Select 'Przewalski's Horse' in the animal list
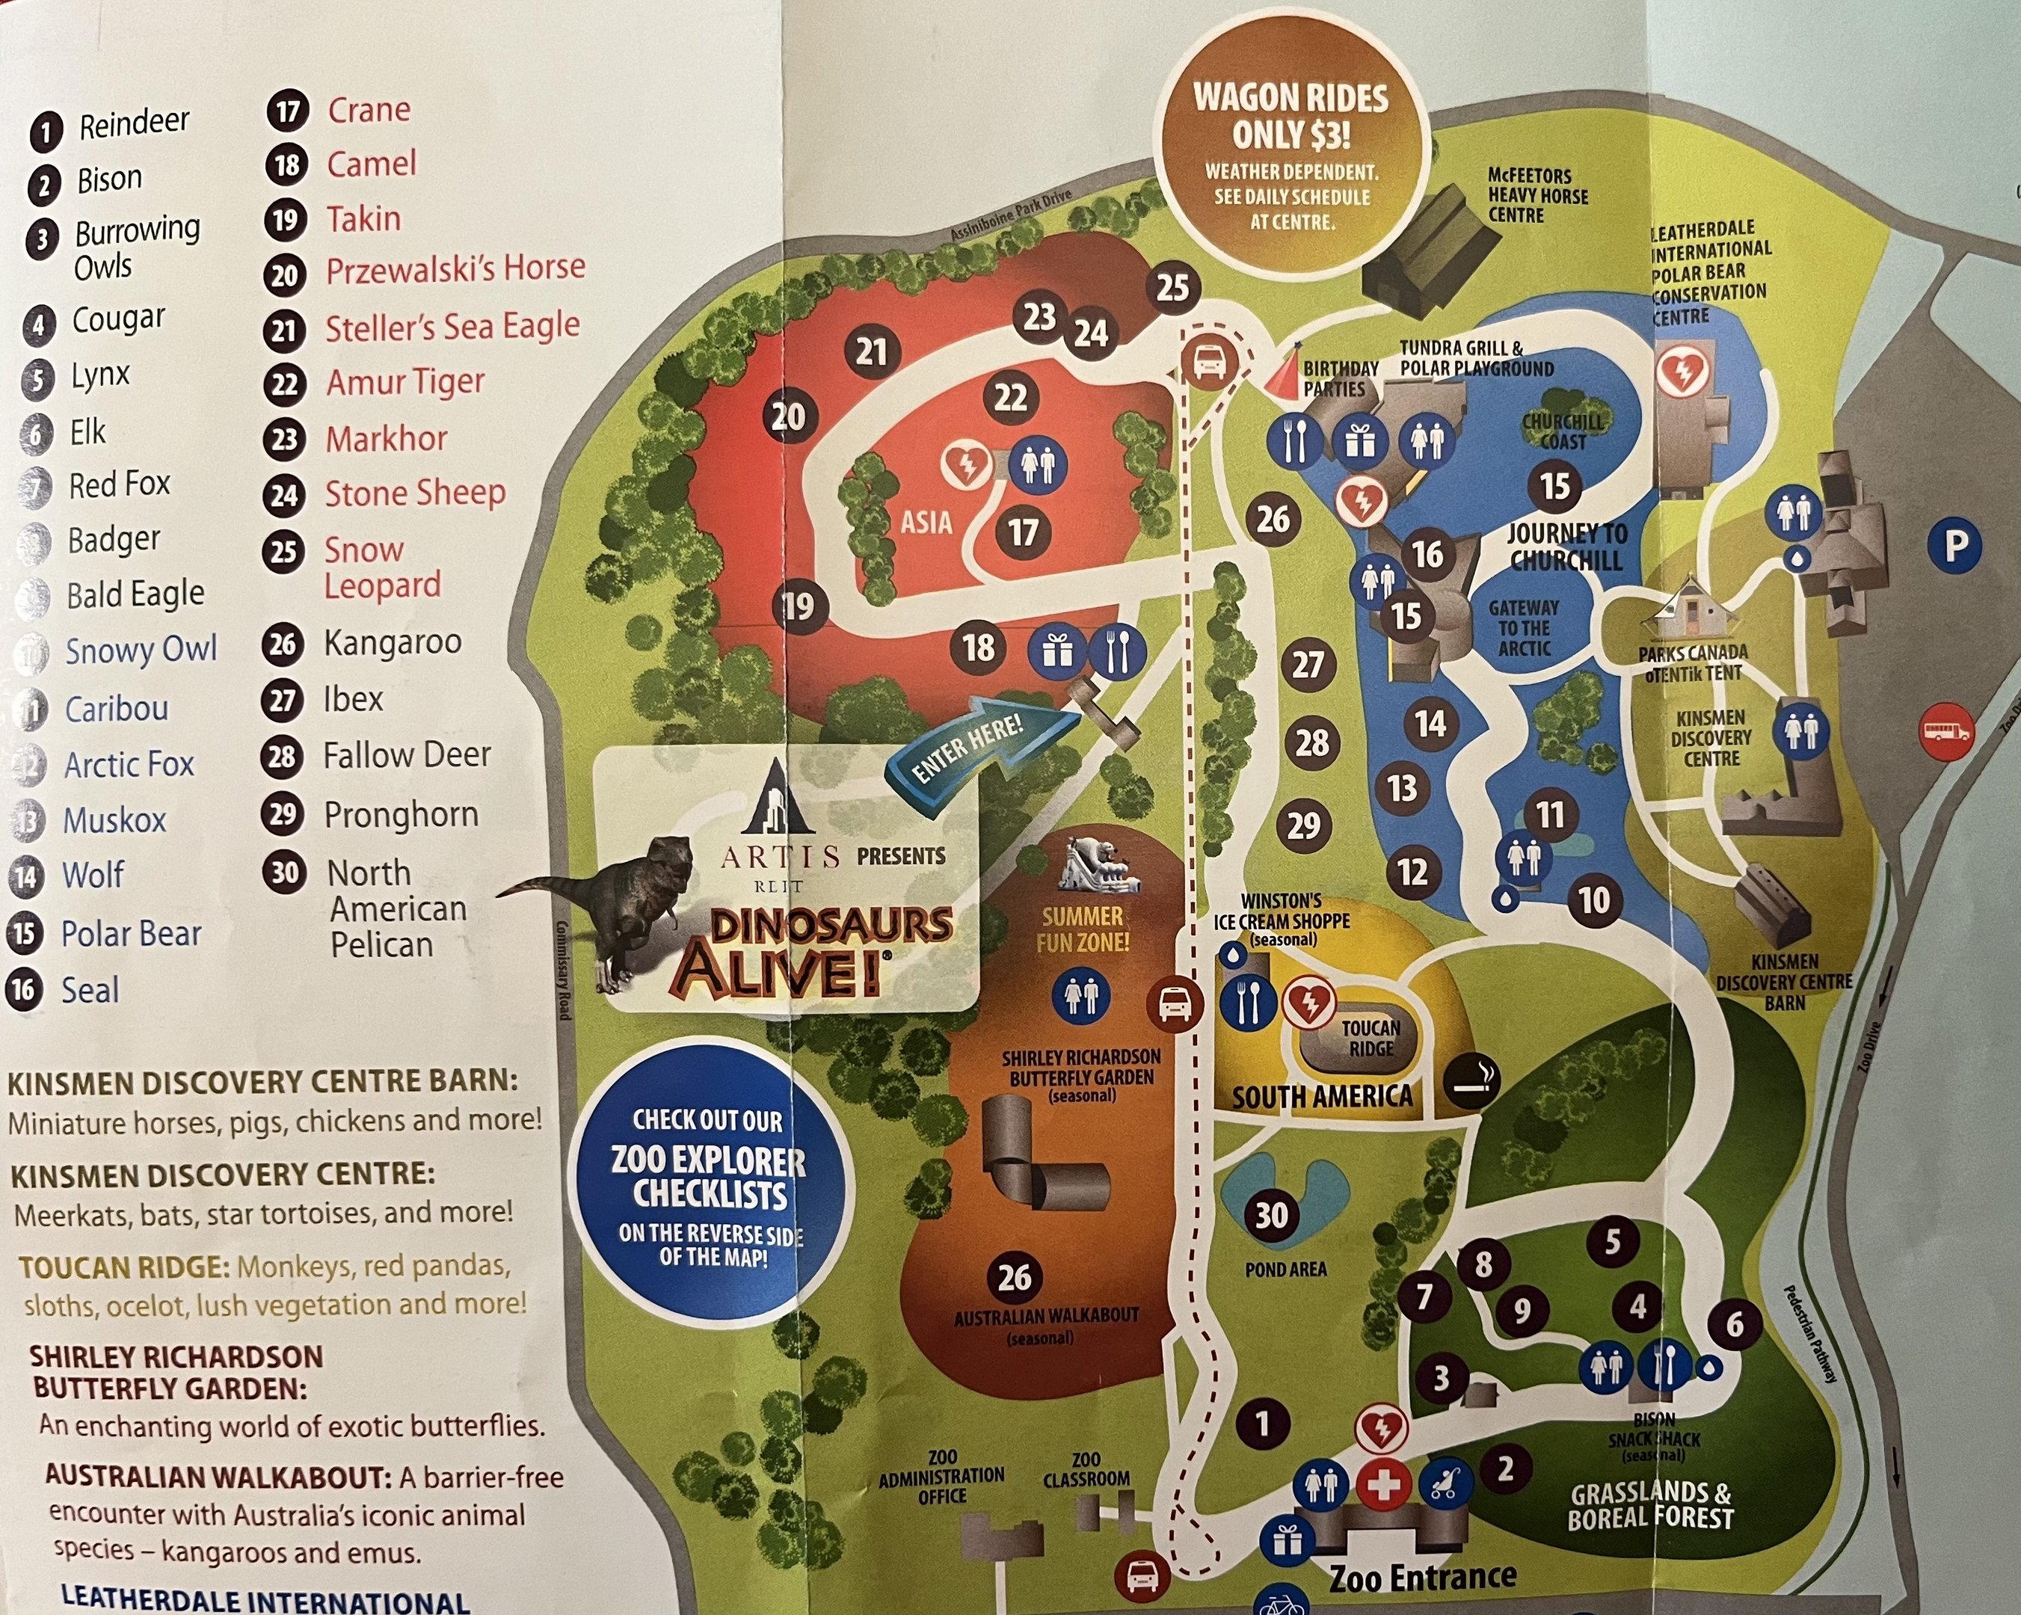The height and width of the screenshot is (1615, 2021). (455, 270)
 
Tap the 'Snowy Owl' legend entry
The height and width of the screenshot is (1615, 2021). (141, 650)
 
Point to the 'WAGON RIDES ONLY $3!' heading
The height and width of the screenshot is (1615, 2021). (1290, 116)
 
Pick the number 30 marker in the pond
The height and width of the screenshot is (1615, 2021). (1271, 1216)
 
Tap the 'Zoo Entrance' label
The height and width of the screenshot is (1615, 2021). (1422, 1578)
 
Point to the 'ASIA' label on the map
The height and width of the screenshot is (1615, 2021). (926, 522)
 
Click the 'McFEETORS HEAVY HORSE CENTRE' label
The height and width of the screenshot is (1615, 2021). (1537, 195)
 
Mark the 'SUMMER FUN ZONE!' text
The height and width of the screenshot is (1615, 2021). (1082, 929)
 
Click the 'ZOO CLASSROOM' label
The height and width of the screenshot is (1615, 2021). (1086, 1468)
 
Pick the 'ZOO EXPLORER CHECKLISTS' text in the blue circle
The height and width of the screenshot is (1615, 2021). (709, 1178)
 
